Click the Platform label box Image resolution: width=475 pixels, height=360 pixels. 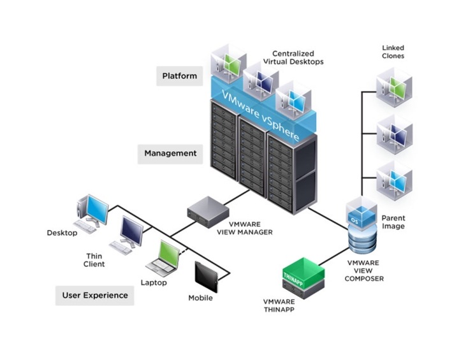point(179,76)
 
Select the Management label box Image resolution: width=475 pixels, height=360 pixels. point(170,154)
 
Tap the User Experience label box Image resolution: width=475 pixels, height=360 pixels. point(94,295)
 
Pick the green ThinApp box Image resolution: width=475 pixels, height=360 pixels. point(302,275)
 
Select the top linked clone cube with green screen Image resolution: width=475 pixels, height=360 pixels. point(394,87)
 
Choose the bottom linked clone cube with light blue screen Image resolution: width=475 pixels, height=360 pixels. point(394,178)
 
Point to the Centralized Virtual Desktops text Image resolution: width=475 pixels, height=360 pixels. point(298,57)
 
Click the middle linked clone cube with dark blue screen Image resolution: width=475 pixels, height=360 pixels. point(394,133)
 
